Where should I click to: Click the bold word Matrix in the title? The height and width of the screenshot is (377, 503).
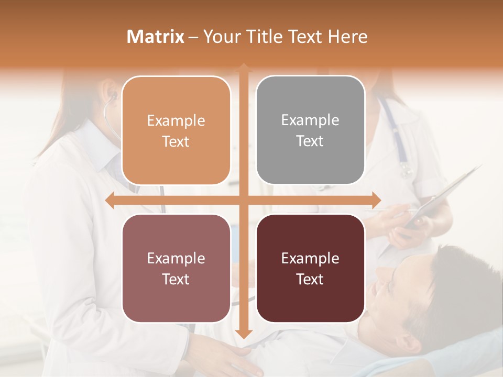click(x=156, y=37)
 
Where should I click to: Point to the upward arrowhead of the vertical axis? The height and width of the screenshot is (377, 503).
click(x=243, y=68)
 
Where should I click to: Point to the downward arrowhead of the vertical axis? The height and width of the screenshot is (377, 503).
click(x=243, y=334)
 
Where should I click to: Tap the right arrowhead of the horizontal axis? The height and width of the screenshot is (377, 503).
click(x=376, y=201)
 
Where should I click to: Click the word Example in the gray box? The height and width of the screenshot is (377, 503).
click(x=310, y=120)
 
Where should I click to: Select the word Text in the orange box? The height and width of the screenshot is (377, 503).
click(x=176, y=141)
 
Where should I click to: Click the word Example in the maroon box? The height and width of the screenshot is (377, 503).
click(x=310, y=258)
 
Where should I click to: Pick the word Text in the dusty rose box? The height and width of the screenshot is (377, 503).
click(x=176, y=279)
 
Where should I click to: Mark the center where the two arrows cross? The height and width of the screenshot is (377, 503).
click(x=243, y=201)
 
